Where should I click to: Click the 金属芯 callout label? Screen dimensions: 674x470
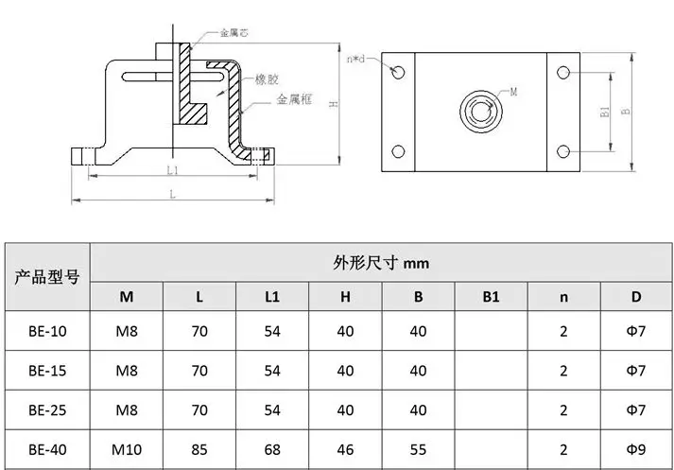[233, 33]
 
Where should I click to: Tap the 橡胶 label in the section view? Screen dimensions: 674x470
[267, 79]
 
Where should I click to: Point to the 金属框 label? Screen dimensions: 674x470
[294, 99]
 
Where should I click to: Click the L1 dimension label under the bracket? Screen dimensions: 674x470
[172, 171]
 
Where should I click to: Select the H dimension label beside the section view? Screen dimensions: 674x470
[334, 104]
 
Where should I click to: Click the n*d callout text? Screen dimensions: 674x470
[355, 59]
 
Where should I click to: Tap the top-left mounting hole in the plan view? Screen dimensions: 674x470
[398, 72]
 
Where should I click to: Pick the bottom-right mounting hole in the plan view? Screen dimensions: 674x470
[563, 151]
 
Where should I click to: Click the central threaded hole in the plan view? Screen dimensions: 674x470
[481, 111]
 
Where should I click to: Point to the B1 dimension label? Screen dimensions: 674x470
[604, 112]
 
